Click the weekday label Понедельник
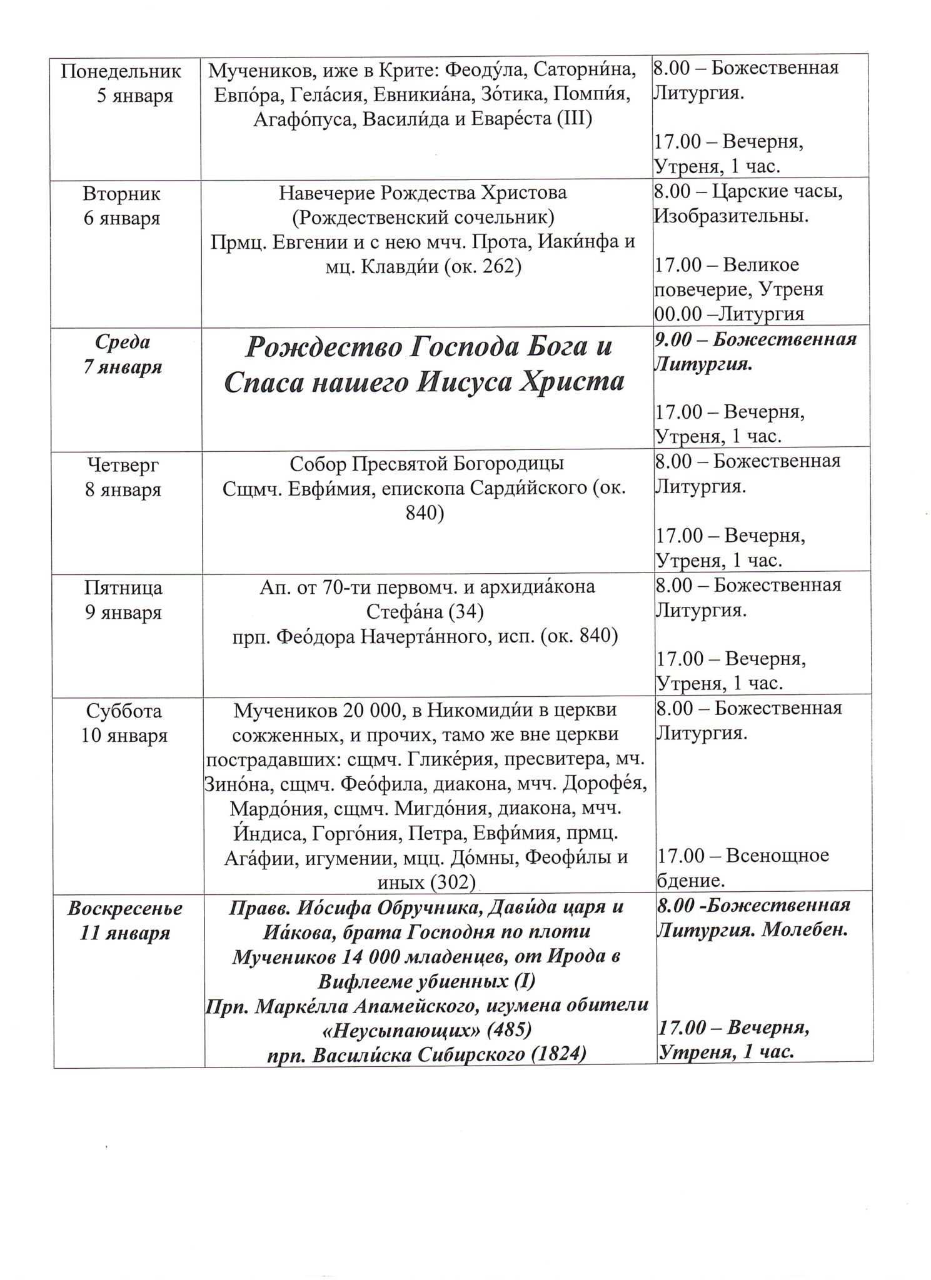(121, 71)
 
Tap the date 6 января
(121, 218)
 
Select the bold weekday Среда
(123, 342)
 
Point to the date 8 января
(123, 489)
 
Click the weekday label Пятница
(123, 587)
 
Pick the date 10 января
(124, 735)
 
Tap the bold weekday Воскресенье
(125, 908)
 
